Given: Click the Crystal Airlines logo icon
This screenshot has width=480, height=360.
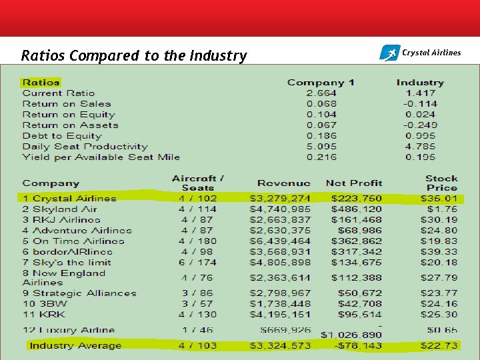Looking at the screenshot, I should coord(390,53).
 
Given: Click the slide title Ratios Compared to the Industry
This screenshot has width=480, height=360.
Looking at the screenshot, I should coord(134,55).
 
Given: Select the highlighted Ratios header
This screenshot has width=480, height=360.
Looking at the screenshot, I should coord(41,83).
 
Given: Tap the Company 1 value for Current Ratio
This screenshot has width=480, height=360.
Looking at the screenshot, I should coord(321,93).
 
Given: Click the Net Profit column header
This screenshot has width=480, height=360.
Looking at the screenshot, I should coord(354,183).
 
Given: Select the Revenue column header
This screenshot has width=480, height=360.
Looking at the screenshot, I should coord(284,183).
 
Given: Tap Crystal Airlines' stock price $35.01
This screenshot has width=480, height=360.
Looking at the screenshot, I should coord(439,199).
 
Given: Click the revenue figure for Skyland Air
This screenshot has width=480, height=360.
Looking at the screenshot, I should coord(280,209).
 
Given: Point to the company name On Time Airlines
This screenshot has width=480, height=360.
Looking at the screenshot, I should coord(73,241).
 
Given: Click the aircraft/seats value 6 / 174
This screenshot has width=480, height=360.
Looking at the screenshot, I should coord(198,263).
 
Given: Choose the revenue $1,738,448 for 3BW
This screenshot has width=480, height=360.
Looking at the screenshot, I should coord(280,304).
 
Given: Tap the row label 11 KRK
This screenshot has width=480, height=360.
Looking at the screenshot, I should coord(44,315).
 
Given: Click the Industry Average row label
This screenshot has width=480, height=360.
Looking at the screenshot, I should coord(75,346).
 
